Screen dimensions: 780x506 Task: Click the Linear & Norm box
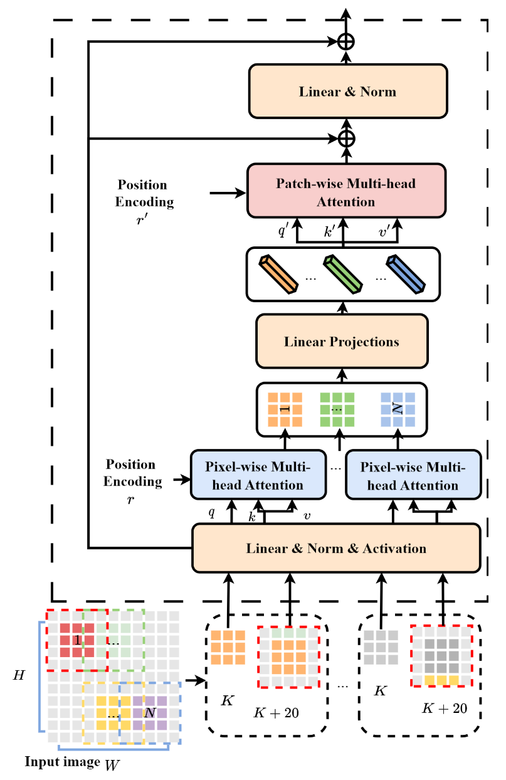click(x=347, y=91)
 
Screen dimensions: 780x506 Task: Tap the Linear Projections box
click(x=342, y=342)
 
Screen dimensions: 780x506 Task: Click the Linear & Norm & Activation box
click(x=336, y=549)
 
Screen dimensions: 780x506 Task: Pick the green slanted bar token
click(x=343, y=273)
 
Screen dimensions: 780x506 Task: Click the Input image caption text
click(x=62, y=762)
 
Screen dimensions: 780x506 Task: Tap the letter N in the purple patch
click(x=149, y=713)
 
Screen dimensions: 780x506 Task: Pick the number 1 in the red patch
click(x=76, y=640)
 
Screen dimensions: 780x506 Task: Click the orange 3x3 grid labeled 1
click(x=285, y=409)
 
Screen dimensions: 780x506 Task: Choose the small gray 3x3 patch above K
click(x=381, y=647)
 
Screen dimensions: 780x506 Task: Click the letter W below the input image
click(x=113, y=766)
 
